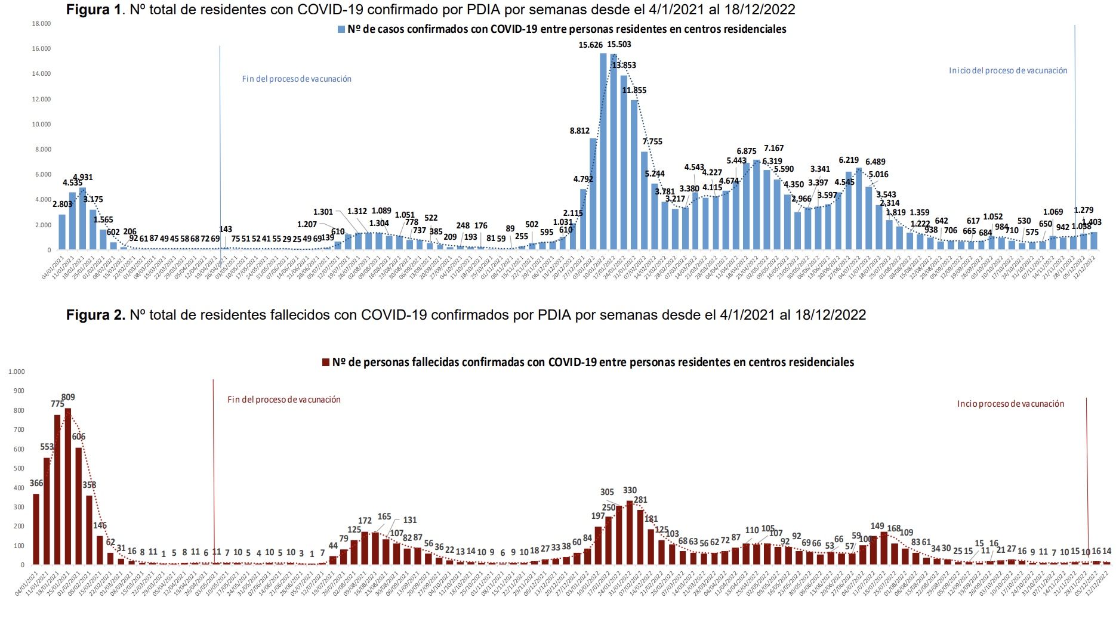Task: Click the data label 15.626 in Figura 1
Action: coord(591,45)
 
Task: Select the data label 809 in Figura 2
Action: coord(68,397)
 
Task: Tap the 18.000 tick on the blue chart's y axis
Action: coord(41,23)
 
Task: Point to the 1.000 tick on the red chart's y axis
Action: coord(17,372)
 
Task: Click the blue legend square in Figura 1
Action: coord(341,29)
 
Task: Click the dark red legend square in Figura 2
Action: coord(326,363)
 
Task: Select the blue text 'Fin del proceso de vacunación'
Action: coord(297,79)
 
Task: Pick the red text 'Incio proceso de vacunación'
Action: coord(1010,404)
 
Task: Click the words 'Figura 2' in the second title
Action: coord(95,315)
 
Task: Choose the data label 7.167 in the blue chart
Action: coord(773,148)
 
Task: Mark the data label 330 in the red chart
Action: coord(630,490)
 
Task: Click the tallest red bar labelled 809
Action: coord(68,486)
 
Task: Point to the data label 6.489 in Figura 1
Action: coord(875,162)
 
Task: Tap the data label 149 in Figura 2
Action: coord(877,526)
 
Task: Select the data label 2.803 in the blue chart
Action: coord(62,205)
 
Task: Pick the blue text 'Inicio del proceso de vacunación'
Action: coord(1008,70)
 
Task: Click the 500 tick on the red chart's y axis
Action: coord(19,468)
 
